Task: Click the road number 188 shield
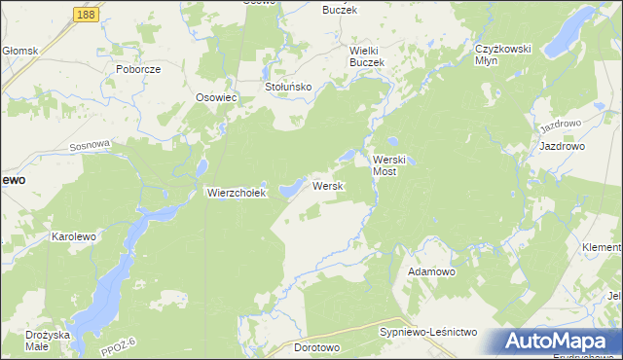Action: pos(85,16)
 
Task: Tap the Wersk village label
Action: pos(325,185)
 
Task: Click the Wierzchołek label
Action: pos(236,193)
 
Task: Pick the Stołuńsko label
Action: pos(288,87)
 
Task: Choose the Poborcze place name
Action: pos(137,70)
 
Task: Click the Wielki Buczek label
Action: pos(368,55)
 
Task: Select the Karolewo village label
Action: pos(78,236)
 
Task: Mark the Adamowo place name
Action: pos(432,271)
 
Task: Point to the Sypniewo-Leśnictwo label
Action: pos(427,333)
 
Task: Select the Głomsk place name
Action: pos(19,50)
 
